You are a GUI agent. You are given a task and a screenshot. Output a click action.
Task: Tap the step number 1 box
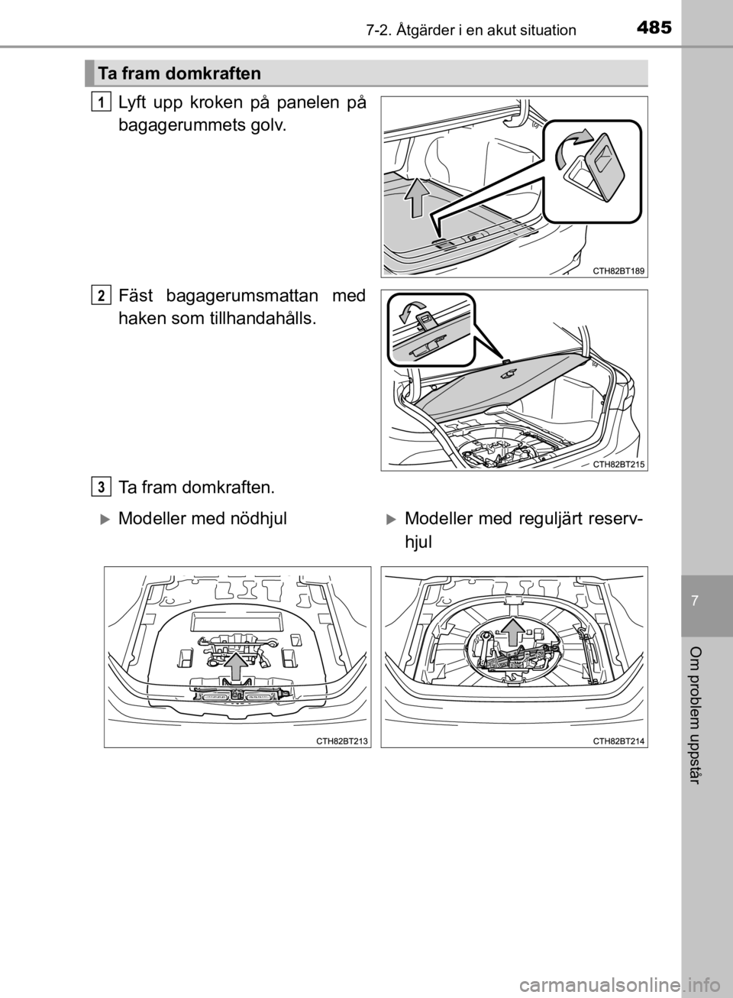pyautogui.click(x=102, y=102)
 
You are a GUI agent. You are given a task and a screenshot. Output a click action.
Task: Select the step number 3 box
pyautogui.click(x=102, y=488)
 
